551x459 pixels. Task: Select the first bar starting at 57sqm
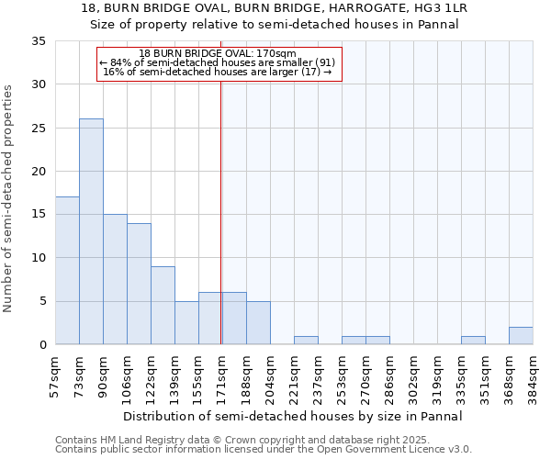67,271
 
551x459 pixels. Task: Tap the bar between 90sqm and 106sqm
115,279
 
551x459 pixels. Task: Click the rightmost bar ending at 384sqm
521,336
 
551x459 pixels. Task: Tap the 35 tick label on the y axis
39,41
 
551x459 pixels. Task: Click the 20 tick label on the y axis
39,172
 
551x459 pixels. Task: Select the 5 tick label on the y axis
42,302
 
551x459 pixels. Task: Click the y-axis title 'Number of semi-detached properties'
9,198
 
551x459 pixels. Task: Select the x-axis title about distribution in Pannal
293,416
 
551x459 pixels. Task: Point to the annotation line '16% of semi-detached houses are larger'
218,71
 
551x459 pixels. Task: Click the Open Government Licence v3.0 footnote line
264,450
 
